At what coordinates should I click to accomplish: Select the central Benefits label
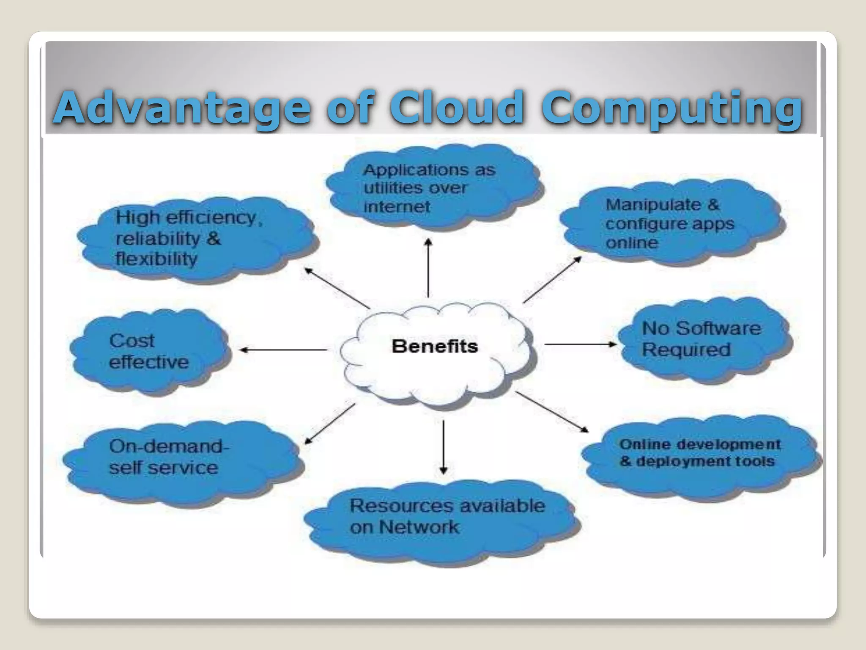coord(435,347)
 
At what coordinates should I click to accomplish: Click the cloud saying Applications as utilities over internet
coord(431,188)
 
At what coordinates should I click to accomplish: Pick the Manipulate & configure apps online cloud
coord(670,223)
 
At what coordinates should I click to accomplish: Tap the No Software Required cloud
coord(702,339)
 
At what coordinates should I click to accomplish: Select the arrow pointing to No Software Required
coord(580,344)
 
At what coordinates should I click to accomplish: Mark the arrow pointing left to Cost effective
coord(283,350)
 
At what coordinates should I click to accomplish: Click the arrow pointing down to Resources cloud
coord(443,447)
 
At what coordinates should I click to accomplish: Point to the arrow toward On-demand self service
coord(330,423)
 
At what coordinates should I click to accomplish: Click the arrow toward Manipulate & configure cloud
coord(552,280)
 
